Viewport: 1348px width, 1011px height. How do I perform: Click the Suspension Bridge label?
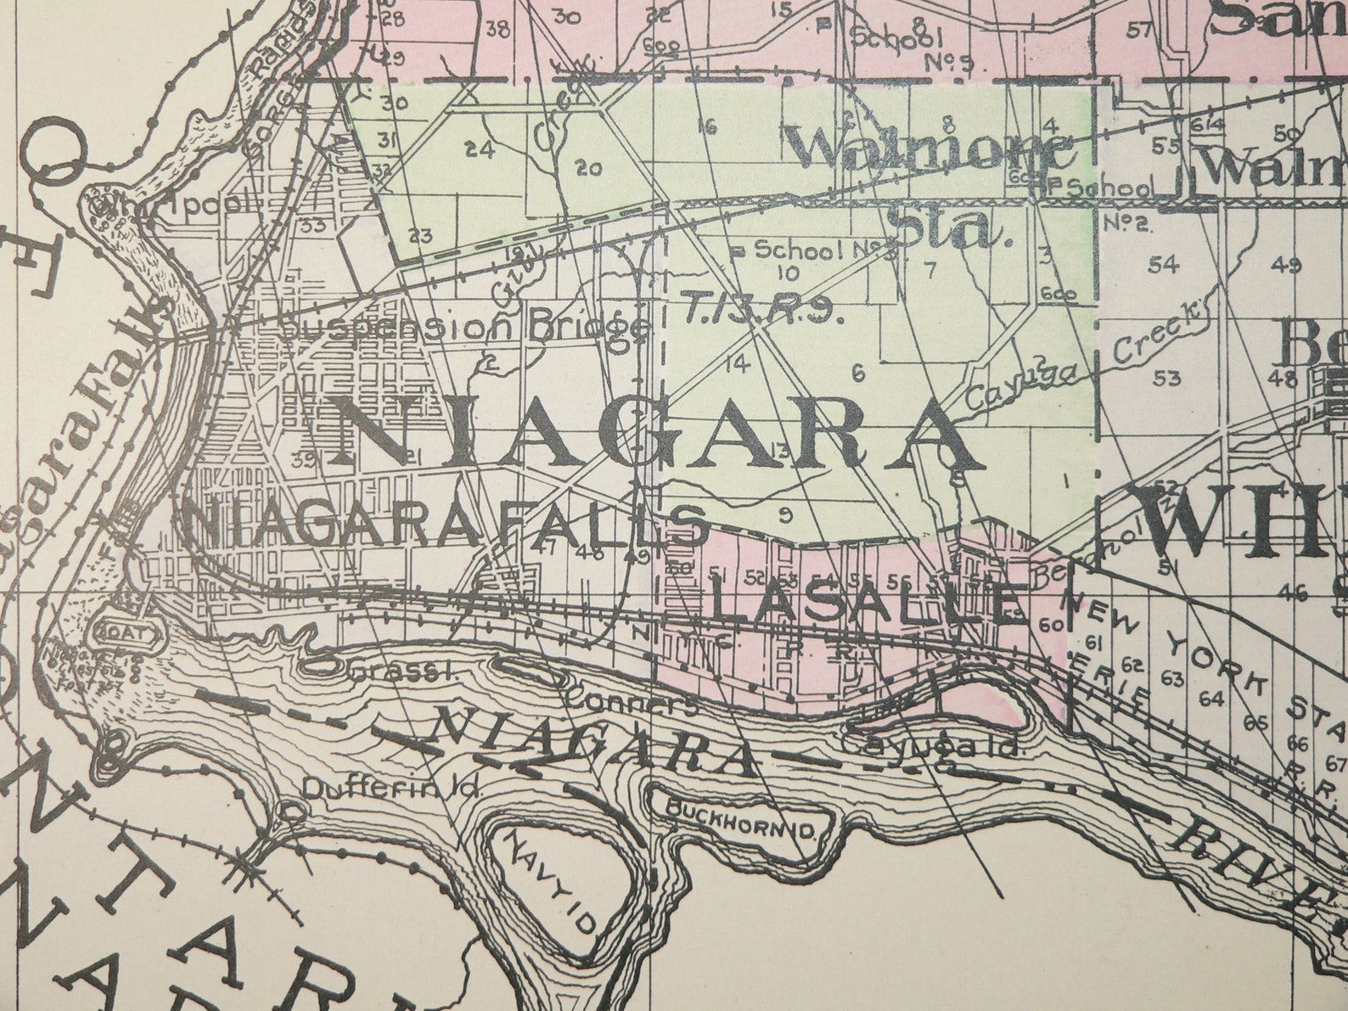[464, 327]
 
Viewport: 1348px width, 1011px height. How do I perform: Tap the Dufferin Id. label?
[392, 788]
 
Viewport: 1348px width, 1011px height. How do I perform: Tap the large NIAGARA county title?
[654, 435]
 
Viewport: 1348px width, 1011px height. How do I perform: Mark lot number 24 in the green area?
[479, 150]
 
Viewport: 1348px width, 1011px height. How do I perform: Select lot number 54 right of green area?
[1164, 265]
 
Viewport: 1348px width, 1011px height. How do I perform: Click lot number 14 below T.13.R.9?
[738, 365]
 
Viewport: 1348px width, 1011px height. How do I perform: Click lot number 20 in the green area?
[588, 168]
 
